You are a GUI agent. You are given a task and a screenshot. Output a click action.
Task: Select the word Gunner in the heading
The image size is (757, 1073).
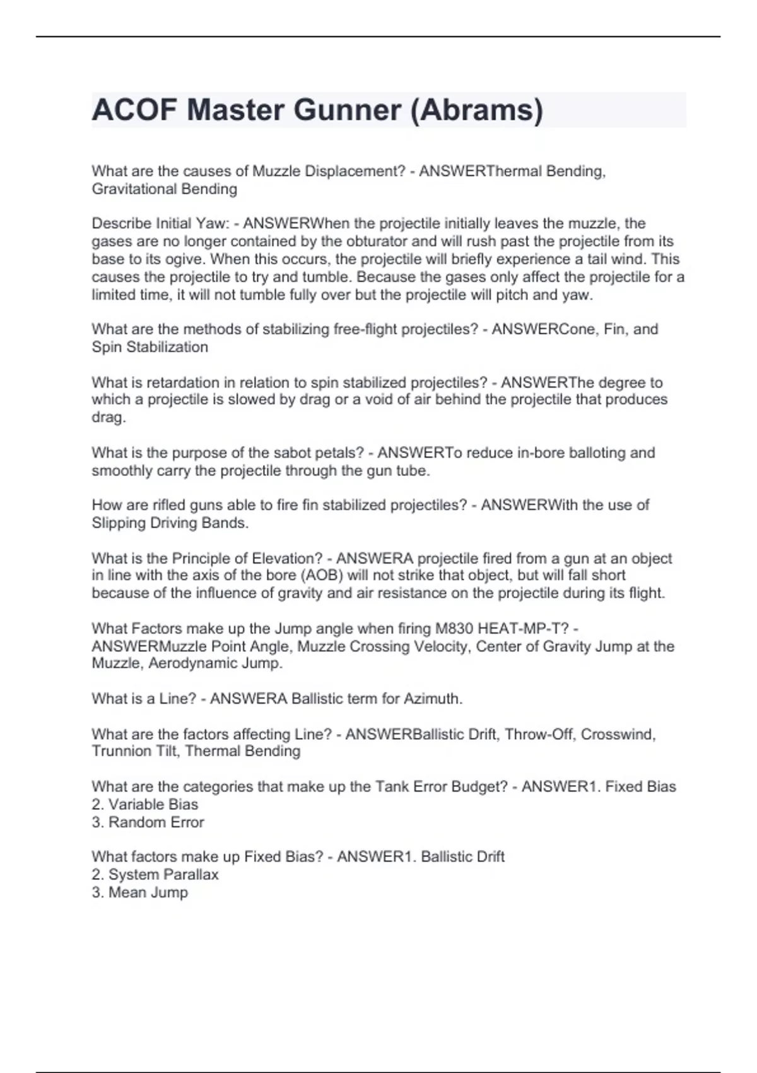(x=347, y=110)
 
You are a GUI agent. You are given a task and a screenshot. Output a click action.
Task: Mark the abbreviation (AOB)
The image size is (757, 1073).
(x=322, y=575)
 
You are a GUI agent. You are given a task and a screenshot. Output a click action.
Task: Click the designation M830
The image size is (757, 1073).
(x=454, y=629)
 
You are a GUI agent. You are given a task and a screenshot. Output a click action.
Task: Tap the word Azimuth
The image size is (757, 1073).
(x=432, y=699)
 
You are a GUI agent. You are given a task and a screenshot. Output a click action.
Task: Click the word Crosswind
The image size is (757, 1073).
(x=618, y=734)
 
